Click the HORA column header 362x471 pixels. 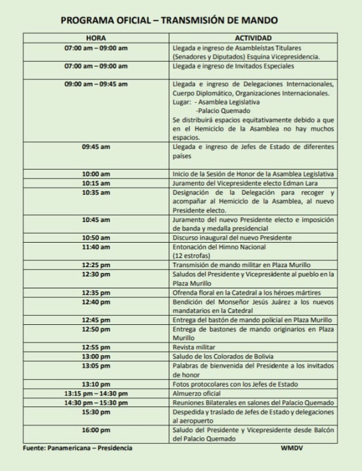pos(96,38)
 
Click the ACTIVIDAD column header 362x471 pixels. pos(252,38)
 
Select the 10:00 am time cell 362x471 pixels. pos(96,174)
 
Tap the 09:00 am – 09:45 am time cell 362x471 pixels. pos(96,84)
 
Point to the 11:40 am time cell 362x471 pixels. pos(96,247)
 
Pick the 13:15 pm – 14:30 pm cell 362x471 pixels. pos(96,393)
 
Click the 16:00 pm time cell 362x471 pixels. pos(96,430)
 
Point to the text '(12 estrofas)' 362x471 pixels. pos(191,256)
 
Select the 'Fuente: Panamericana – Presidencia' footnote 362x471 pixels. pos(77,448)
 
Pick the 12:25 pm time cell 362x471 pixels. pos(96,265)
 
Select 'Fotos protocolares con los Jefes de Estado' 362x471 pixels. pos(235,384)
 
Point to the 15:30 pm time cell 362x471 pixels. pos(96,412)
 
